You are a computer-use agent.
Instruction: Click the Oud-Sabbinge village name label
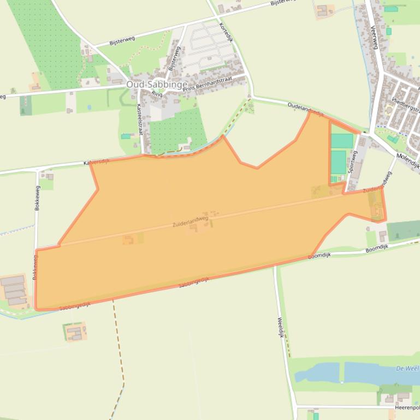pos(157,85)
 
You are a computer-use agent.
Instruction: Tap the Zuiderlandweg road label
pos(191,221)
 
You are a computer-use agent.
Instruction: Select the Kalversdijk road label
pos(97,163)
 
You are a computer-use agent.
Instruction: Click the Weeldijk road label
pos(281,328)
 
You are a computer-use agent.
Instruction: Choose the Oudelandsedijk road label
pos(306,110)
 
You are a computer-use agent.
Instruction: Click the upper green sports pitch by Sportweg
pos(342,141)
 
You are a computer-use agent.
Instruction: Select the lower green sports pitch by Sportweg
pos(339,162)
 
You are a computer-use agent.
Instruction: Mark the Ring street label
pos(157,94)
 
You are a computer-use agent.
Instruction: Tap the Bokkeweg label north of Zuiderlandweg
pos(37,198)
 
